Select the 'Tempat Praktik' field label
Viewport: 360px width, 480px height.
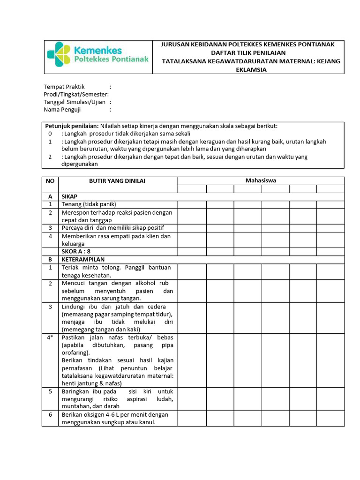(64, 87)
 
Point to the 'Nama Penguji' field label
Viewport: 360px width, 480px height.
(62, 110)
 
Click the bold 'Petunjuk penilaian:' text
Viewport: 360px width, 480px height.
(72, 126)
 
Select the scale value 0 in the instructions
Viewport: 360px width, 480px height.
(50, 134)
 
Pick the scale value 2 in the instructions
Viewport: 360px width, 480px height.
(50, 157)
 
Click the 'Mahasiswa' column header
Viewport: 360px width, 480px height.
(261, 181)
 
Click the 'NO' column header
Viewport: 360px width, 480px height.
(50, 181)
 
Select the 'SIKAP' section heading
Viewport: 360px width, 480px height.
(69, 197)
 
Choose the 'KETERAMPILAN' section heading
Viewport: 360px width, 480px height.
(83, 259)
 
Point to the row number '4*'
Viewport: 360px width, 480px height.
(50, 337)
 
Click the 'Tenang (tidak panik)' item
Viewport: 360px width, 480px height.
(89, 204)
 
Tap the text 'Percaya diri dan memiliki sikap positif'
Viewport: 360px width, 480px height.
(113, 228)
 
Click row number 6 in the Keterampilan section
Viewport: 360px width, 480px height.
(50, 415)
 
